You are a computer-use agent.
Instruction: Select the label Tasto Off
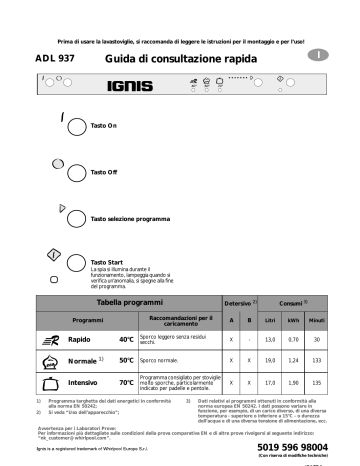105,172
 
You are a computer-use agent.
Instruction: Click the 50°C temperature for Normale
126,359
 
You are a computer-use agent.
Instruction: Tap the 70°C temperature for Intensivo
126,382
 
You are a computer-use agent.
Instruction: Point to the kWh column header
294,320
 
